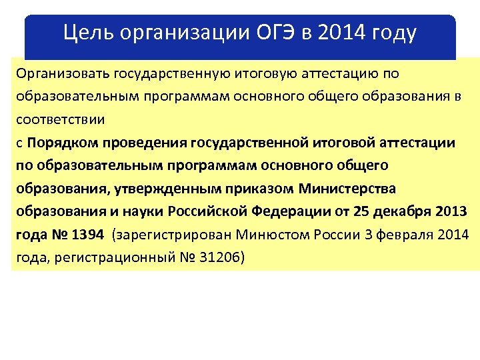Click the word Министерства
coord(347,189)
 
